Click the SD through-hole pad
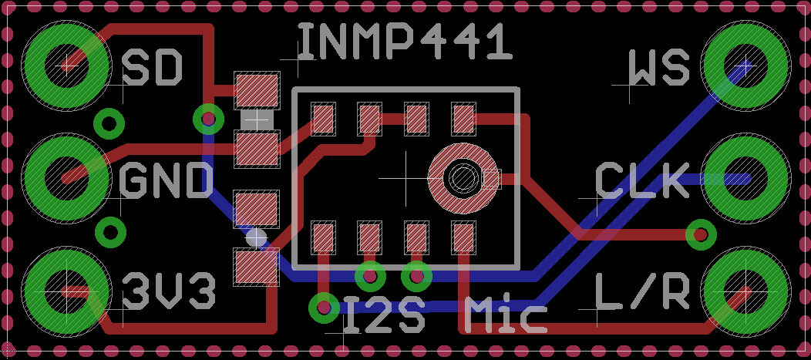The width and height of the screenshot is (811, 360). tap(67, 65)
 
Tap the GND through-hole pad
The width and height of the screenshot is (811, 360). tap(67, 178)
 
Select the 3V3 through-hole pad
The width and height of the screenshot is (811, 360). tap(67, 291)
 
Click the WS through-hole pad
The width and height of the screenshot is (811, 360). tap(745, 65)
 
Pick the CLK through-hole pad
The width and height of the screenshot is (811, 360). tap(745, 178)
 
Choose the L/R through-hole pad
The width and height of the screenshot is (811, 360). tap(745, 291)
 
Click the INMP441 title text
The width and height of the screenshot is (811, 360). tap(404, 42)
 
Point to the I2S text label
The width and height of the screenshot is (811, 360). tap(384, 315)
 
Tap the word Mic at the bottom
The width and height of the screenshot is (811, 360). tap(506, 315)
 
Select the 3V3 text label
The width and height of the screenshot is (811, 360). tap(169, 291)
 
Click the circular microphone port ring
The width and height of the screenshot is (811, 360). tap(463, 178)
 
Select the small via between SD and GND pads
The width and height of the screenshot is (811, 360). tap(109, 122)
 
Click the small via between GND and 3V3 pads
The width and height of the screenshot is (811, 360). tap(111, 232)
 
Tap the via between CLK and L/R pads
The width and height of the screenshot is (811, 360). tap(701, 234)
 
